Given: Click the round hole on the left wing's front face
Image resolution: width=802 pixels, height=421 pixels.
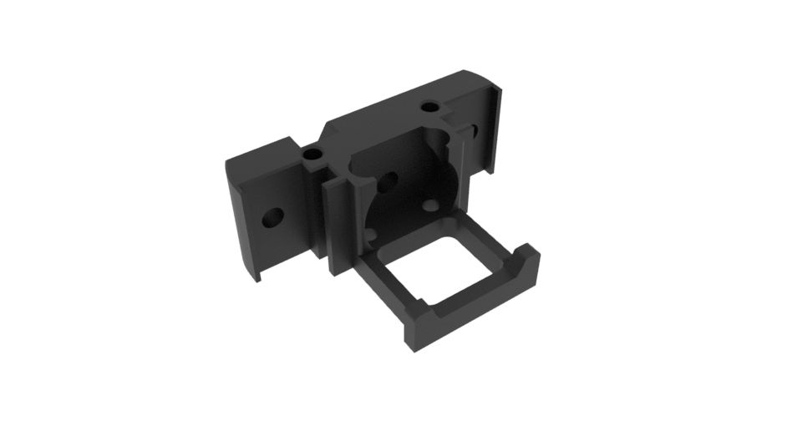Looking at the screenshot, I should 272,220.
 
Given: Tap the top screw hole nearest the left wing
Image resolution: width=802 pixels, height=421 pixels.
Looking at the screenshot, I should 313,155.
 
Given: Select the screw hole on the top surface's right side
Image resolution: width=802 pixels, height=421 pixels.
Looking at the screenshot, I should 431,108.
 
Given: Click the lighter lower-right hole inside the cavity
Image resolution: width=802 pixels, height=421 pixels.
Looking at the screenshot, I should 430,205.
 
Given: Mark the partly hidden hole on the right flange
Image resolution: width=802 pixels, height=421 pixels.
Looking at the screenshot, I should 474,132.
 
